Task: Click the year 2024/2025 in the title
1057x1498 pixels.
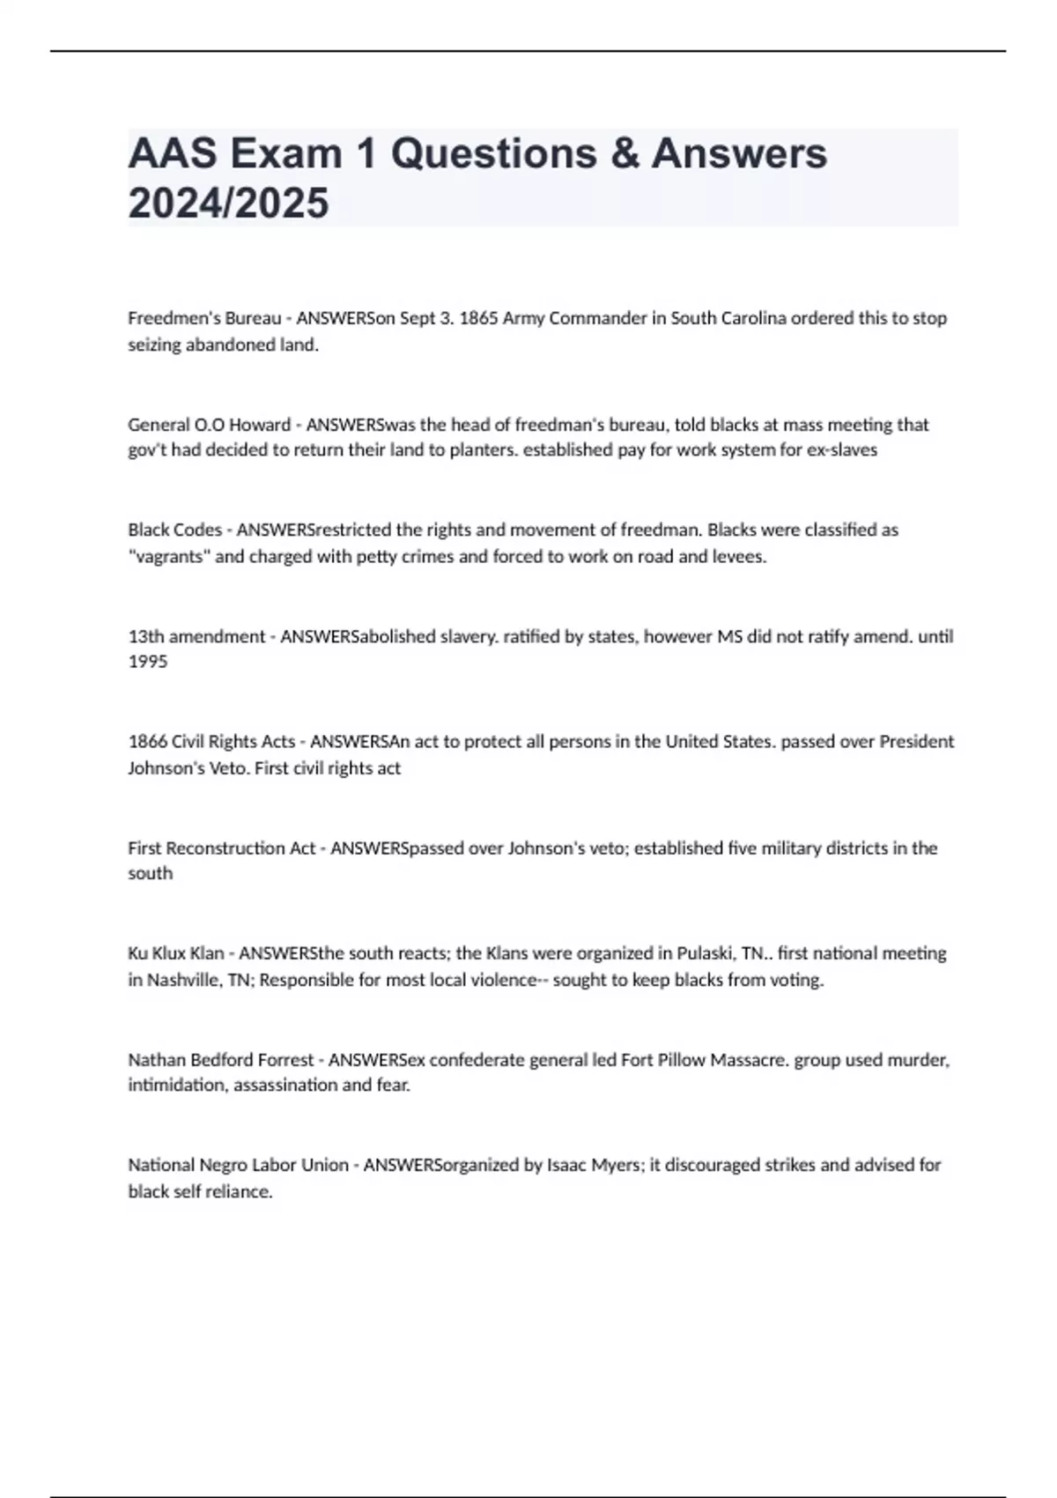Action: [228, 203]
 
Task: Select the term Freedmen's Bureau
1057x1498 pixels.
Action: [204, 318]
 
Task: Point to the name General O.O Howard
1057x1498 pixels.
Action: [209, 425]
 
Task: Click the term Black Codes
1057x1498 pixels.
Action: [174, 530]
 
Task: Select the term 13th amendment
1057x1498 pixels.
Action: [196, 636]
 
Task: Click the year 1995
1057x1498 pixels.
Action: [147, 662]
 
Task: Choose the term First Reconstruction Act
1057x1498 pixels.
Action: [221, 849]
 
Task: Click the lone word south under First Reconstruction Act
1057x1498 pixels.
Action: [150, 873]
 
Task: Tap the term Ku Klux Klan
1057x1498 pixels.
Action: [176, 953]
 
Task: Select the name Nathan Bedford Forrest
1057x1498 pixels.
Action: [220, 1060]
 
